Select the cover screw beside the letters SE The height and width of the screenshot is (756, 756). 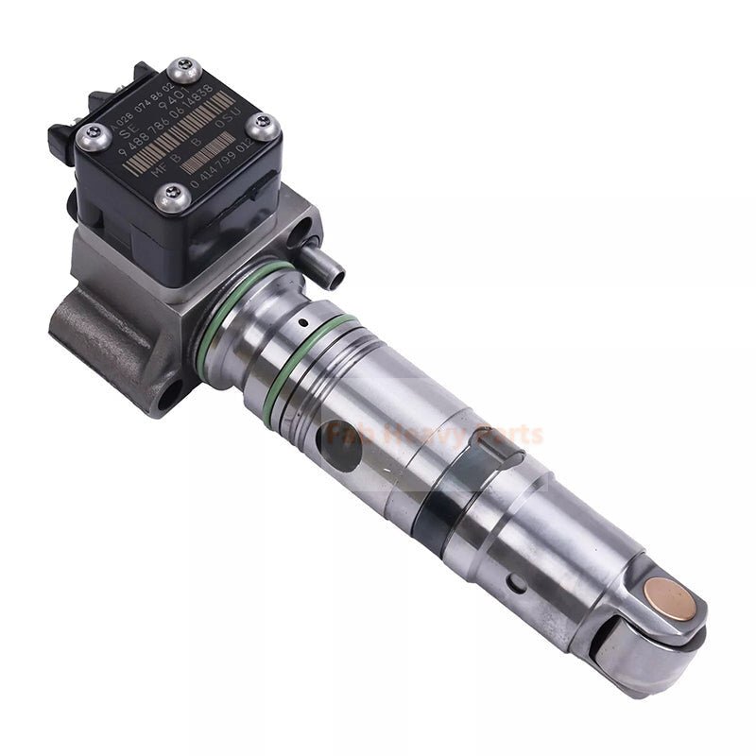click(94, 137)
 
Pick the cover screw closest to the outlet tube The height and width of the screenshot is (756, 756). click(174, 198)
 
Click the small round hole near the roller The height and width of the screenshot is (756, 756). click(517, 582)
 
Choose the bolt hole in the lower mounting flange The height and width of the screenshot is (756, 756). click(171, 395)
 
